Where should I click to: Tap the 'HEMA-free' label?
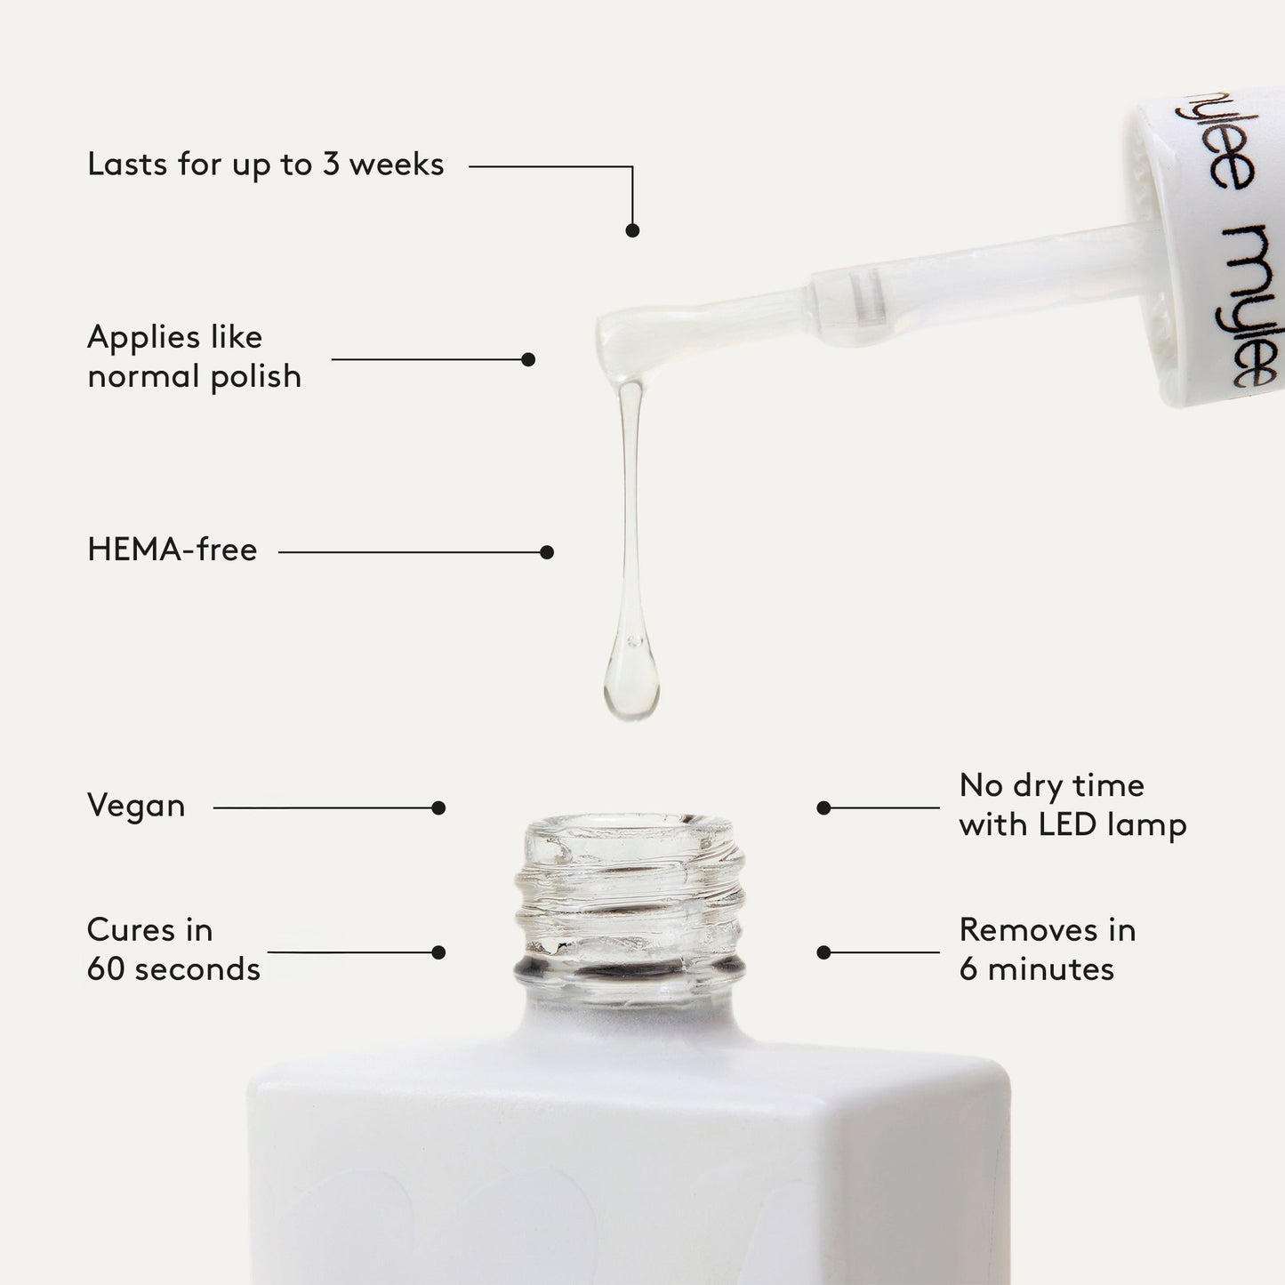tap(172, 550)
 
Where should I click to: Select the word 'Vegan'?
tap(136, 807)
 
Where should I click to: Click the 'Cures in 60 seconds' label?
tap(173, 949)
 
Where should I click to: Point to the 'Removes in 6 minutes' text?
tap(1048, 949)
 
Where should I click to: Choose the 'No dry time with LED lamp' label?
tap(1073, 806)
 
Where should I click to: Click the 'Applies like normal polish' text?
tap(194, 357)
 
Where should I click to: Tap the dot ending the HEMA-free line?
tap(547, 552)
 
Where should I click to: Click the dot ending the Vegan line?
tap(438, 807)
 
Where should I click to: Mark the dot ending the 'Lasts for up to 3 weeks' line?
tap(632, 230)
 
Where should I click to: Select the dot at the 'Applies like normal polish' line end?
tap(528, 359)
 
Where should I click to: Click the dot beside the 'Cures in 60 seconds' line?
tap(438, 952)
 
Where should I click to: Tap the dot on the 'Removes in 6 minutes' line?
tap(823, 952)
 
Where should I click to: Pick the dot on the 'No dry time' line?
tap(823, 807)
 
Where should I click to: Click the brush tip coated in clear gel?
tap(640, 340)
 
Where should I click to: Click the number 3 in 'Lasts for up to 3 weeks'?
tap(332, 164)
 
